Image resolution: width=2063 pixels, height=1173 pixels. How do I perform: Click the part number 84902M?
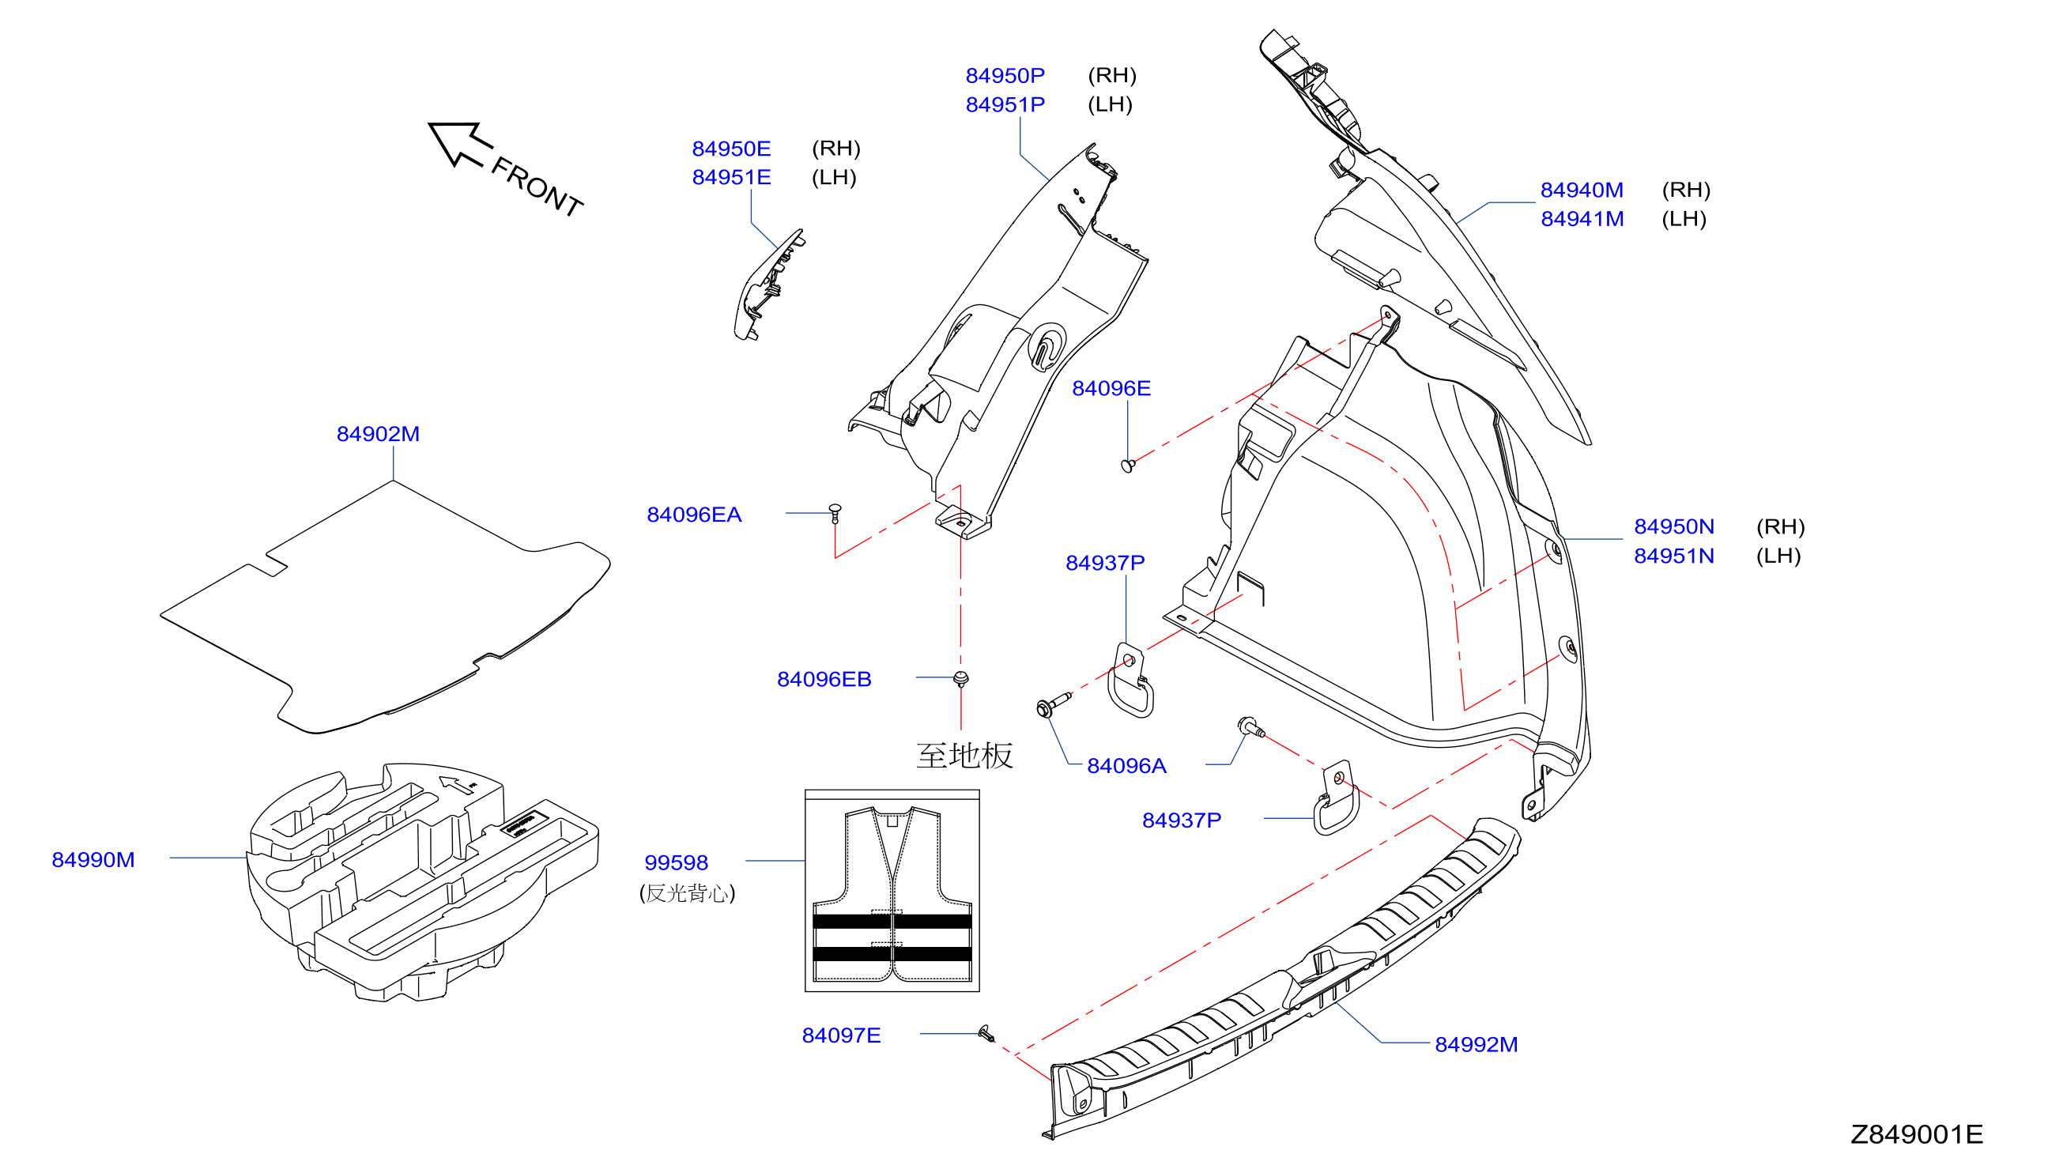tap(378, 434)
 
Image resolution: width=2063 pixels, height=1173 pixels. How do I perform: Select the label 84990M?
tap(93, 860)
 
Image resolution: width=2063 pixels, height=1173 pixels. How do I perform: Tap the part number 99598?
tap(676, 863)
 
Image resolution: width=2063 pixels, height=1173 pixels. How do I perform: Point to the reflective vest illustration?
tap(892, 891)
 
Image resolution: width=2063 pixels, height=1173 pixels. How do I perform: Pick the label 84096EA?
tap(693, 515)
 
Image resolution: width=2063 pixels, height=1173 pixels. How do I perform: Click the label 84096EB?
tap(824, 679)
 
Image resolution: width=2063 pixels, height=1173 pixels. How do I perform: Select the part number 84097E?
tap(841, 1035)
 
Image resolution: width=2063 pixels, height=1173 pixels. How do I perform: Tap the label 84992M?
tap(1476, 1045)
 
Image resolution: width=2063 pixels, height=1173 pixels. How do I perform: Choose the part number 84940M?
tap(1582, 190)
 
